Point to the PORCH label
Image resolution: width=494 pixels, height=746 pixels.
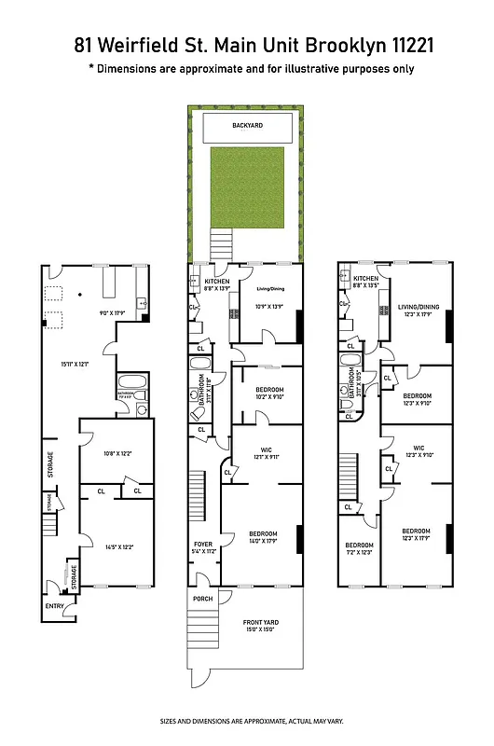(x=202, y=599)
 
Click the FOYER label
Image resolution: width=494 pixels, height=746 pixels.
(x=203, y=544)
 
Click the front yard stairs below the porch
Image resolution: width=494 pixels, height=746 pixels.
(x=201, y=633)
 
